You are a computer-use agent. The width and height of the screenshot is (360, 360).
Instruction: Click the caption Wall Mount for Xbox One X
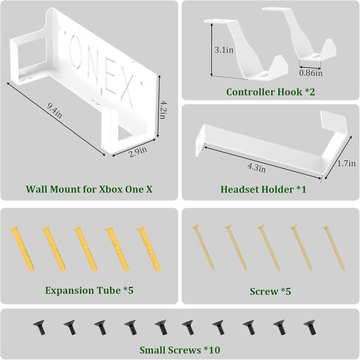point(89,189)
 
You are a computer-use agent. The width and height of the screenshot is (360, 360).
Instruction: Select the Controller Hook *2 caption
point(270,91)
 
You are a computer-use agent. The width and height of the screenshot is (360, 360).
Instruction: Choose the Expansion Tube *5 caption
point(89,291)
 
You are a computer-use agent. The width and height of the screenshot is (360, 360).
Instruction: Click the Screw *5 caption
point(270,291)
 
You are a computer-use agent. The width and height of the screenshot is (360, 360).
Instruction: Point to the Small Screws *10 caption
point(179,350)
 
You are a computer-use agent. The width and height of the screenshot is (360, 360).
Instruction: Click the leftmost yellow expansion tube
point(16,249)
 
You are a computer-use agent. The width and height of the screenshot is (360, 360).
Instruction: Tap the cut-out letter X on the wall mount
point(127,91)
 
